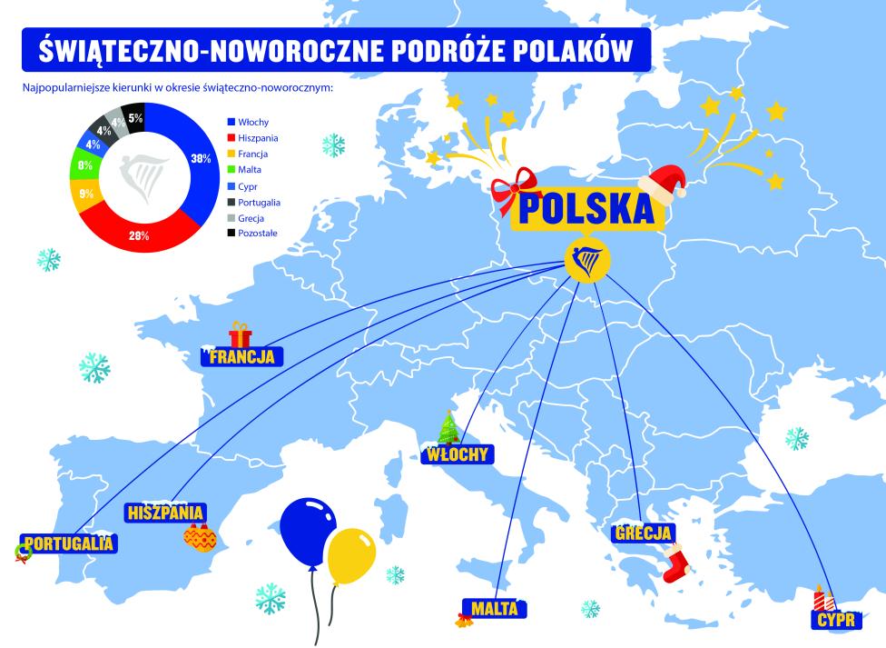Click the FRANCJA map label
pos(241,356)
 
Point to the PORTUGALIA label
pos(71,543)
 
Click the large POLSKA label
pos(586,208)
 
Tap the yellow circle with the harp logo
pos(586,262)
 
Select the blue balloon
pos(308,531)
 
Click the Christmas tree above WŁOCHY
pos(448,427)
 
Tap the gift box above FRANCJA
pos(240,334)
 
